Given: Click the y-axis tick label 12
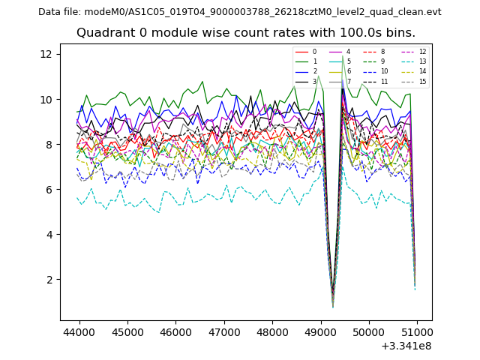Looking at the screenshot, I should point(45,54).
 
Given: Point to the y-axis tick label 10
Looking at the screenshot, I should point(45,99).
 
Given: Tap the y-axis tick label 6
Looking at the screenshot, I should point(48,189).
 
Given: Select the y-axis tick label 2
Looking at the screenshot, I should point(48,279).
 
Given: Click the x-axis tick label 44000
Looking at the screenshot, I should point(78,331).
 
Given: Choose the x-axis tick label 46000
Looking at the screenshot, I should point(175,331).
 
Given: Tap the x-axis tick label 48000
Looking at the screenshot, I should point(271,331).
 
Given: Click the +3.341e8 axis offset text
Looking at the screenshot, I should point(406,346).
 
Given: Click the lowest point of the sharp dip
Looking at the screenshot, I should point(333,306).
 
